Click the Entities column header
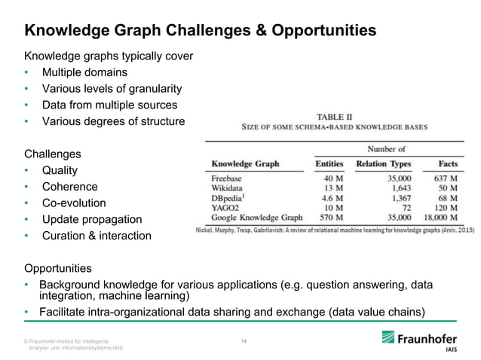[329, 163]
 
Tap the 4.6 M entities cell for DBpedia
[332, 198]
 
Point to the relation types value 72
[406, 208]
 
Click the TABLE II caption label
[333, 117]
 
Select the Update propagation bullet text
[92, 219]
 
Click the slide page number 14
[243, 341]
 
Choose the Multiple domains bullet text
[84, 72]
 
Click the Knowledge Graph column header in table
[245, 163]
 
